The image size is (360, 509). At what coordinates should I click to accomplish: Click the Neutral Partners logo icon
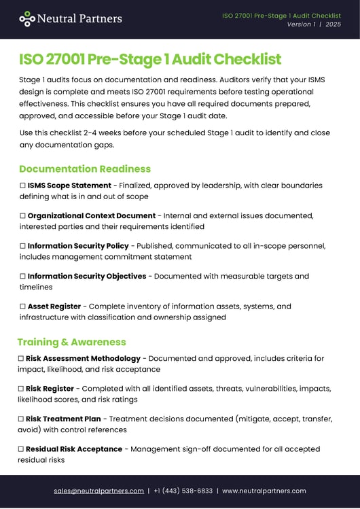[x=27, y=19]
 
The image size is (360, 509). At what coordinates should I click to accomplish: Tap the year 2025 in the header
[x=333, y=24]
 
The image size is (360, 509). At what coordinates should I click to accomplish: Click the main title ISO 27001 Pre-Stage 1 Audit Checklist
[x=150, y=59]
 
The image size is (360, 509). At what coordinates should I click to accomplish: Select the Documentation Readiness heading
[x=85, y=169]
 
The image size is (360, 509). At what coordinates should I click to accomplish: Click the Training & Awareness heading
[x=71, y=342]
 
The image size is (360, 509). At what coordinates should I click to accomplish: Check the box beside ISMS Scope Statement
[x=22, y=186]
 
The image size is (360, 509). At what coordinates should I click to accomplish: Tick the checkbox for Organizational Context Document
[x=22, y=215]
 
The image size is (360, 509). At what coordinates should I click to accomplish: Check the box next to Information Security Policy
[x=22, y=246]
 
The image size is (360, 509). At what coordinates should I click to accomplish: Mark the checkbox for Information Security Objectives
[x=22, y=277]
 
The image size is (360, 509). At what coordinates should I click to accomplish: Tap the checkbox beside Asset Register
[x=22, y=306]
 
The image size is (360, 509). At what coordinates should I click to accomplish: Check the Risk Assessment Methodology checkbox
[x=21, y=358]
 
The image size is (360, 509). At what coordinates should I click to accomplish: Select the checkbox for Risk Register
[x=21, y=389]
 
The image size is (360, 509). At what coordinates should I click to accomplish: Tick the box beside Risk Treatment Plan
[x=21, y=419]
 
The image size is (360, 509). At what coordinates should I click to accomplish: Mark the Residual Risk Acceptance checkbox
[x=21, y=449]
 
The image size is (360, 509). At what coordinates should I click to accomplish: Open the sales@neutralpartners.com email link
[x=98, y=491]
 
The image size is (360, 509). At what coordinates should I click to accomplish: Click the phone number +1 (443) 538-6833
[x=183, y=491]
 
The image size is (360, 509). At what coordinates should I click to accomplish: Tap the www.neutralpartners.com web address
[x=264, y=491]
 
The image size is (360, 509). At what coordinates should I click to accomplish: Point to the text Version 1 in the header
[x=301, y=24]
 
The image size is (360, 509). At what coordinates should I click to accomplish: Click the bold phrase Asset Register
[x=54, y=306]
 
